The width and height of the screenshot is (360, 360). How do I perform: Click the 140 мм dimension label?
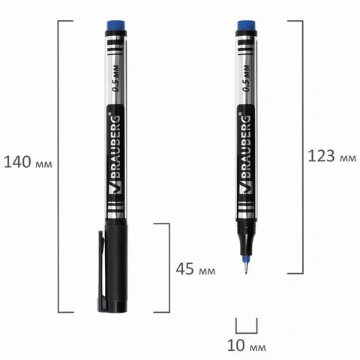(28, 162)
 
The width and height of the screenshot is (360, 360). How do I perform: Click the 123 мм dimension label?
(331, 156)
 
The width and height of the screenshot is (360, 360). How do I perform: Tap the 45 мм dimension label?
(196, 269)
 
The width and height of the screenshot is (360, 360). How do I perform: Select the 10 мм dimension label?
(247, 346)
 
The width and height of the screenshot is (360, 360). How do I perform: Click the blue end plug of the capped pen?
(115, 25)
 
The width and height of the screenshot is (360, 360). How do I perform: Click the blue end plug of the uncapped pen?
(246, 25)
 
